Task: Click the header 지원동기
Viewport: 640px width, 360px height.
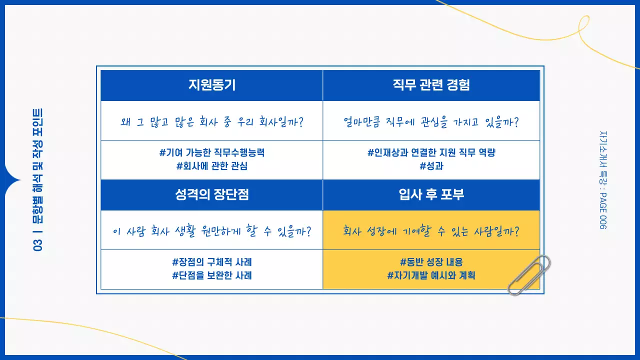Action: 211,85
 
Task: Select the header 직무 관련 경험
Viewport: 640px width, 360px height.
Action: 431,85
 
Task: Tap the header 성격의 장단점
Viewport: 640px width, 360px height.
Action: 211,194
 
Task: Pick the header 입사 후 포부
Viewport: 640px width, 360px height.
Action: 431,194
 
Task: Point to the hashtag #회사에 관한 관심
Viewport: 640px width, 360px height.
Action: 211,166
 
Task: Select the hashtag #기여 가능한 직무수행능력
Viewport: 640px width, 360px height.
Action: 211,153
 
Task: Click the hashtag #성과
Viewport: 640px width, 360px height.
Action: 431,166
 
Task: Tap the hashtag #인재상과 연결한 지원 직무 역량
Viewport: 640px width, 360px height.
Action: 431,153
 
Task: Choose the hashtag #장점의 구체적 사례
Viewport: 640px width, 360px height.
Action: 211,262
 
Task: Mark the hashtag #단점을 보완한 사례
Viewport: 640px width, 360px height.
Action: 211,275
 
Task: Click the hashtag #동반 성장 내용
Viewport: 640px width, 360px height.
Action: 431,262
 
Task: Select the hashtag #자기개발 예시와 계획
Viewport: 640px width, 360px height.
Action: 431,275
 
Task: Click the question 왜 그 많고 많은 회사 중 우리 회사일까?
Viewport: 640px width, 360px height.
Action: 211,121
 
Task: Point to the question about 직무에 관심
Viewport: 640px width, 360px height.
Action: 431,121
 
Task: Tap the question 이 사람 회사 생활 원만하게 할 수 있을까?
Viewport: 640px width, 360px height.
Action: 211,231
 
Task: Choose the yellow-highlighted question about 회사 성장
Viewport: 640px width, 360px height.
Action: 431,231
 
